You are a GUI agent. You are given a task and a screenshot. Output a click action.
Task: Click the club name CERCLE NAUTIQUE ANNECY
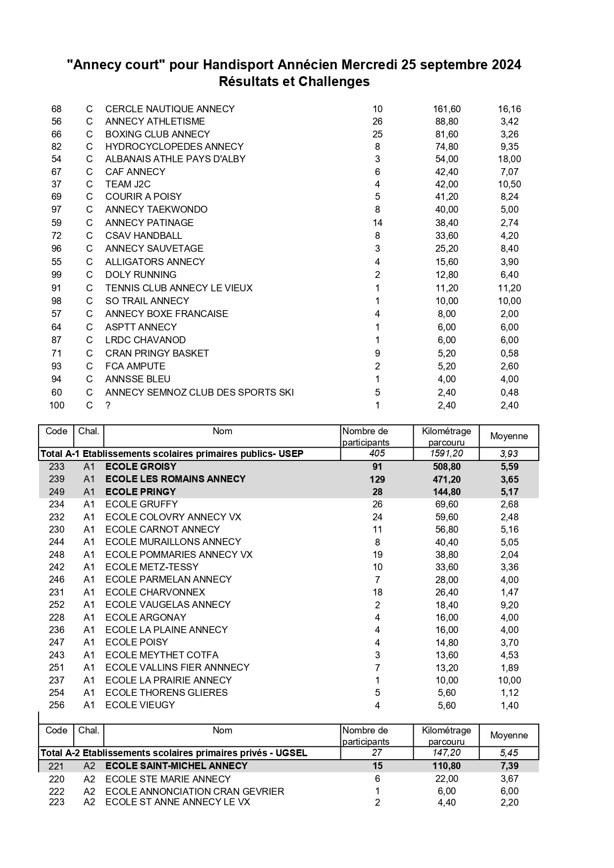coord(170,109)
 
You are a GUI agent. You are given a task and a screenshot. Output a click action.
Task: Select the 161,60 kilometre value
coord(446,109)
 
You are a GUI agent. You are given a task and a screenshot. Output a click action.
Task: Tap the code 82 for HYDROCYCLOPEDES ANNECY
coord(56,146)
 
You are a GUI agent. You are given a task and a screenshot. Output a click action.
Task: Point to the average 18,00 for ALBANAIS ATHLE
coord(509,159)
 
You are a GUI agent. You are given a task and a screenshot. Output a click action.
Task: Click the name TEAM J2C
coord(128,184)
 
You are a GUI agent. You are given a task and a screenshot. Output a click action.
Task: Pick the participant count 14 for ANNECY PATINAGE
coord(378,223)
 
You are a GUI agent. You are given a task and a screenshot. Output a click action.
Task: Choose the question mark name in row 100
coord(108,406)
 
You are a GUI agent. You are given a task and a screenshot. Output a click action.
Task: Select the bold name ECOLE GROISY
coord(141,466)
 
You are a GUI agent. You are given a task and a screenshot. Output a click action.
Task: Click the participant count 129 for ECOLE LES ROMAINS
coord(378,479)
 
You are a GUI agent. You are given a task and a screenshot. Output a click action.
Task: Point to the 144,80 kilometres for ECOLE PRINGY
coord(446,492)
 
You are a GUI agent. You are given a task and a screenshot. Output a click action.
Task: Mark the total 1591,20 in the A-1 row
coord(446,454)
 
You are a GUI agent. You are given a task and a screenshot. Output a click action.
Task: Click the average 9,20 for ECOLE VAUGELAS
coord(509,605)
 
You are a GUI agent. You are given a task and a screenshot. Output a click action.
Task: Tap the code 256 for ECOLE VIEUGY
coord(56,705)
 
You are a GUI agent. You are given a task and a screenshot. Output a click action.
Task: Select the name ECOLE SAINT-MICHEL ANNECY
coord(177,766)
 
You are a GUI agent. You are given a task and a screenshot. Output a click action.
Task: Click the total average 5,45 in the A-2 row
coord(509,753)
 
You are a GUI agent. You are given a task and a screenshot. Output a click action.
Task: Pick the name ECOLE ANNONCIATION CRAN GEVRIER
coord(195,791)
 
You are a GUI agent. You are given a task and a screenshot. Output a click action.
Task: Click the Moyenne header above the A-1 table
coord(509,436)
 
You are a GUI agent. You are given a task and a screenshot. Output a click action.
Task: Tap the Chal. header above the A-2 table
coord(89,730)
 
